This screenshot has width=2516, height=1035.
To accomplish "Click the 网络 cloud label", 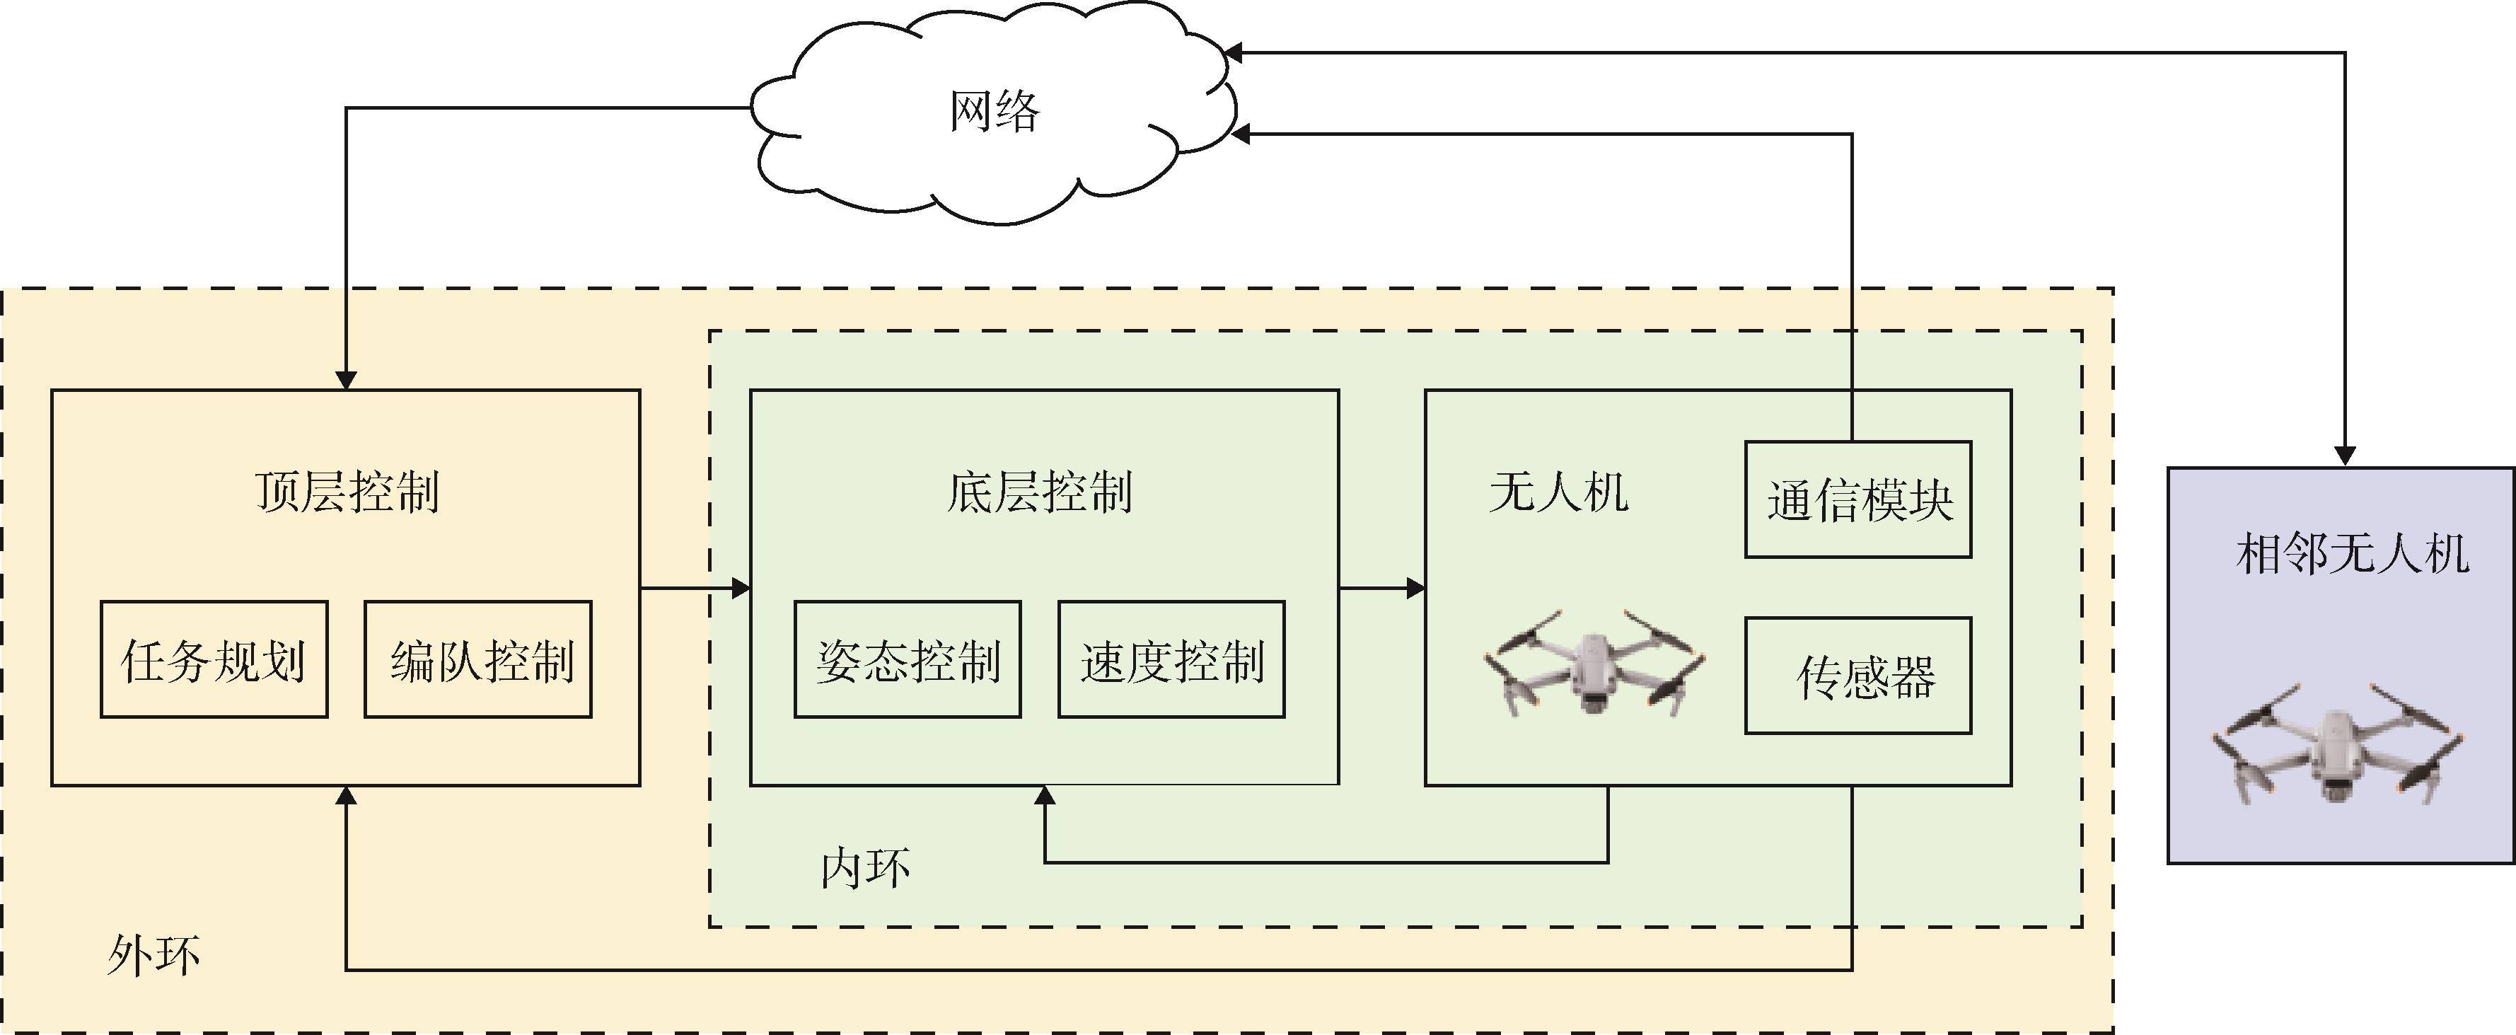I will click(995, 111).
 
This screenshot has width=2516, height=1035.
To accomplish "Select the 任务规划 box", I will click(214, 660).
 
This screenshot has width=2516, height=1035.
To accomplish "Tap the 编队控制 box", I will click(479, 660).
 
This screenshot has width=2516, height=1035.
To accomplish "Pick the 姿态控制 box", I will click(908, 660).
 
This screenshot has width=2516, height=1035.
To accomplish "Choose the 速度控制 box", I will click(1171, 660).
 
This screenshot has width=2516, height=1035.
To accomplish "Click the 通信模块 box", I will click(1857, 500).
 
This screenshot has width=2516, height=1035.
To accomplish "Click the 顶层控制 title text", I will click(347, 491).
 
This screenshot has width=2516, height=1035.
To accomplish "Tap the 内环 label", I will click(865, 867).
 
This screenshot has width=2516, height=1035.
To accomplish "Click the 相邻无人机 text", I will click(2352, 554).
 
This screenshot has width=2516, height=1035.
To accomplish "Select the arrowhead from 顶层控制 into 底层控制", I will click(741, 588).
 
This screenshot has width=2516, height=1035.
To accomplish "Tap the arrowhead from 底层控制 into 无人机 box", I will click(1415, 588).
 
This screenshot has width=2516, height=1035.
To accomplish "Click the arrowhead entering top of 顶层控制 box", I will click(346, 380).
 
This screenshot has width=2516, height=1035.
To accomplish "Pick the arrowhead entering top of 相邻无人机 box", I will click(2345, 456).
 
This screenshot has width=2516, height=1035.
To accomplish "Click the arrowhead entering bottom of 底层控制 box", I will click(1045, 796).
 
